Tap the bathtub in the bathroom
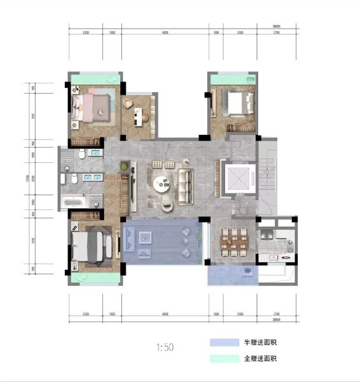(74, 202)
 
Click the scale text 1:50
(164, 348)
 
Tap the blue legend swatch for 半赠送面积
(223, 343)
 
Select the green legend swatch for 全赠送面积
(223, 359)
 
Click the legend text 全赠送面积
(260, 359)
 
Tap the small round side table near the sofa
(185, 160)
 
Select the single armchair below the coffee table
(167, 202)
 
